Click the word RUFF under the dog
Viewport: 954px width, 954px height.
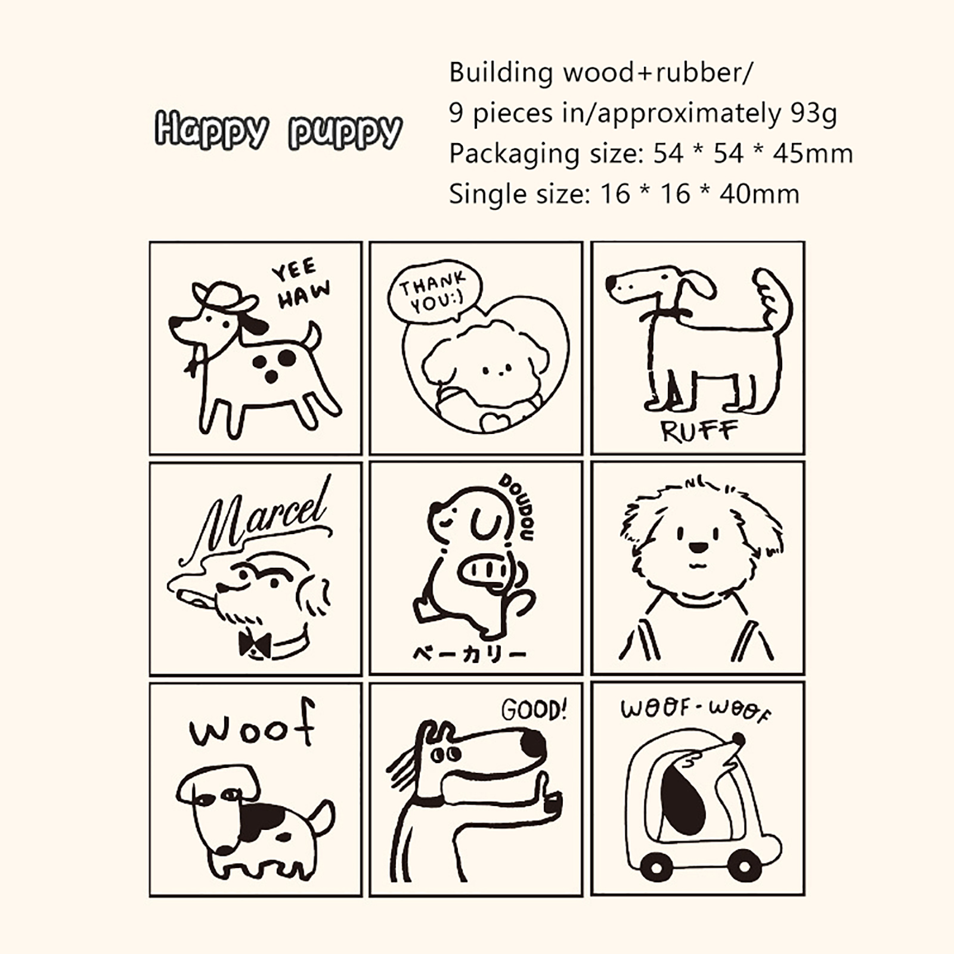tap(699, 430)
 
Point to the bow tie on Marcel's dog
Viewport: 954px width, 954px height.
tap(255, 645)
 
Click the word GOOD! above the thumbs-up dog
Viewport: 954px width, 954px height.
tap(534, 710)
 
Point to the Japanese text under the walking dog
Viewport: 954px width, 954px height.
tap(469, 654)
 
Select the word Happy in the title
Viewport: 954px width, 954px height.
tap(211, 129)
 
